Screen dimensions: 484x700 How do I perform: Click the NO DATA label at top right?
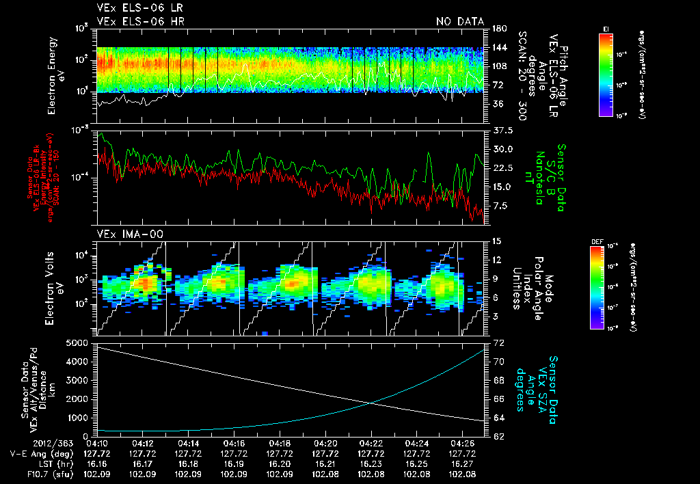click(x=460, y=22)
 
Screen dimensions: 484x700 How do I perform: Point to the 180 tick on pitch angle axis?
click(x=498, y=29)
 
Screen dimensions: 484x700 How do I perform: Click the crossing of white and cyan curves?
click(x=371, y=403)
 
